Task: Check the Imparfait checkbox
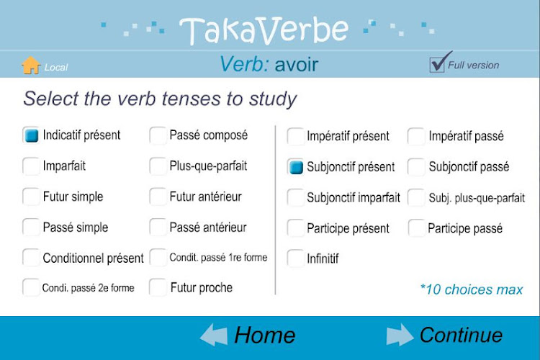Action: (31, 166)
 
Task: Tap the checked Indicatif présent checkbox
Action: (31, 135)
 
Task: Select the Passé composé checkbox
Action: (158, 135)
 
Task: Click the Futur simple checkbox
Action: (31, 197)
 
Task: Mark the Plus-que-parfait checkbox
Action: (158, 166)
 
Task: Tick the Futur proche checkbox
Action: (158, 287)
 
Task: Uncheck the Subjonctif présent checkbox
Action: (295, 167)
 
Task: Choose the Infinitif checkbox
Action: (295, 258)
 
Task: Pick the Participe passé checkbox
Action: (417, 228)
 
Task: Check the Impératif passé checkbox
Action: (416, 136)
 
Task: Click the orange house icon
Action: (31, 65)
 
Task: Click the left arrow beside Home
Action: (214, 335)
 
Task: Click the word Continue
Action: (461, 335)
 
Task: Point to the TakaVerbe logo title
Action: (264, 31)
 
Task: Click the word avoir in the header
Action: (296, 65)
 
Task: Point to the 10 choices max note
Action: (472, 289)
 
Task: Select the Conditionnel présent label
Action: (93, 258)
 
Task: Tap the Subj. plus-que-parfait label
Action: (477, 198)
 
